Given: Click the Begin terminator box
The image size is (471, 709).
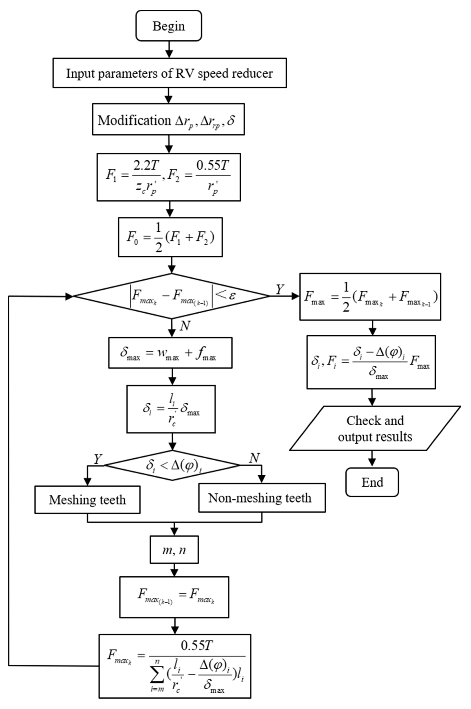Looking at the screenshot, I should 169,26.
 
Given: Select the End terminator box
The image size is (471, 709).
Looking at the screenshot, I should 372,482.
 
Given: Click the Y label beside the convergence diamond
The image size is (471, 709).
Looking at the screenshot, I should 279,289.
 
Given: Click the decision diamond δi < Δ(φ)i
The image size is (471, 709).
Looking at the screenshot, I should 172,465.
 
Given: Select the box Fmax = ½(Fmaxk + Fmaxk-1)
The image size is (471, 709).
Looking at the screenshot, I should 370,296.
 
